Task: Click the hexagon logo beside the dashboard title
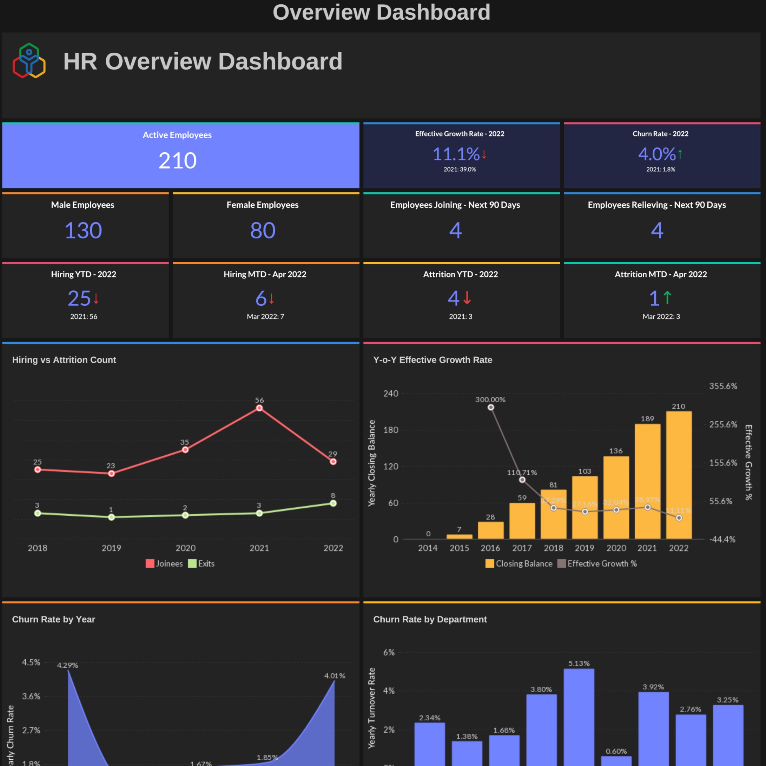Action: click(29, 61)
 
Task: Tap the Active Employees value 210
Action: click(177, 160)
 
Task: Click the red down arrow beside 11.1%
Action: click(484, 154)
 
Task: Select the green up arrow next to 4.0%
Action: click(680, 154)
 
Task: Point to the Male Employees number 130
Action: click(83, 230)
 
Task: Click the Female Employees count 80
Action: click(263, 230)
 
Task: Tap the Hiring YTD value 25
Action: click(79, 298)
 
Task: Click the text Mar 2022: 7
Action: click(265, 316)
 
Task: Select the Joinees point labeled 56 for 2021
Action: click(259, 408)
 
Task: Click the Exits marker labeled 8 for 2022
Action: click(333, 503)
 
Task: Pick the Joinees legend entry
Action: click(164, 563)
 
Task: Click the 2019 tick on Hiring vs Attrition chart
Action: click(111, 548)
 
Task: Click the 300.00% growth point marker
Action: click(490, 407)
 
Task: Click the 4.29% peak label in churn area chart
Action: click(67, 665)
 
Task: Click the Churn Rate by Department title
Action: click(430, 619)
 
